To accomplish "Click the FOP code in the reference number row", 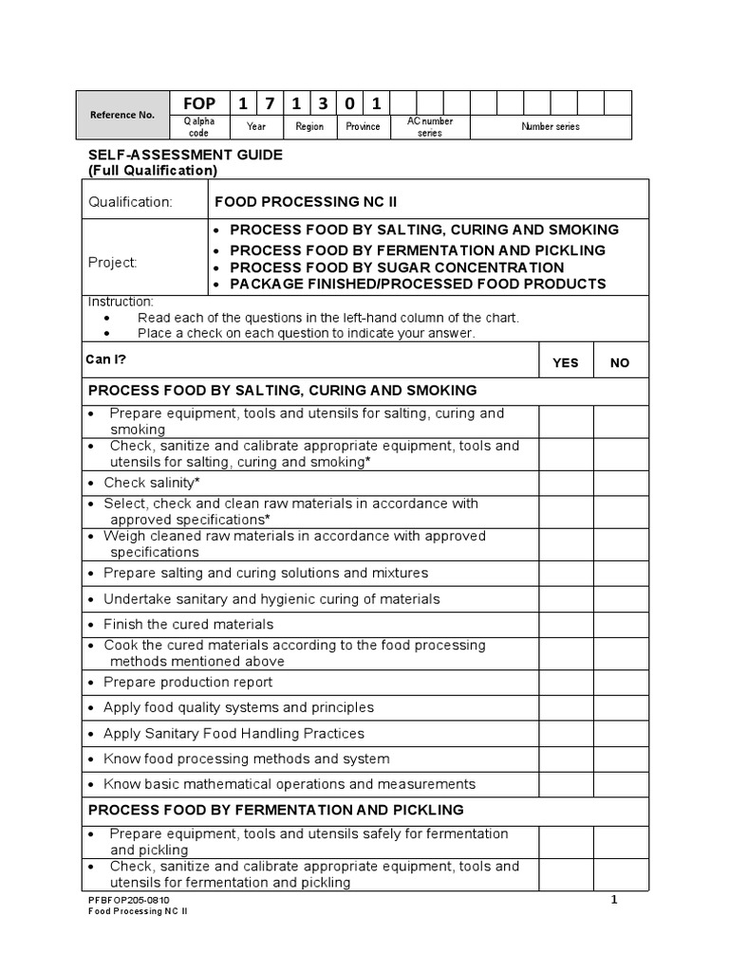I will [199, 103].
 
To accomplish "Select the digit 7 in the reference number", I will [270, 103].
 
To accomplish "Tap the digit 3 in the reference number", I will [323, 103].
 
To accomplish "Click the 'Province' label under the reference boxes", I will [363, 127].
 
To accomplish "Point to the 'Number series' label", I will [551, 127].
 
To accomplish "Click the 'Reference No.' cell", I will [121, 115].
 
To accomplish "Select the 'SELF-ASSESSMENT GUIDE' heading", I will [185, 155].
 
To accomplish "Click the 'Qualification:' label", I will [130, 202].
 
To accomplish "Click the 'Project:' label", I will [113, 263].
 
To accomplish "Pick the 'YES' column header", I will [566, 363].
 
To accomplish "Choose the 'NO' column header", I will [620, 363].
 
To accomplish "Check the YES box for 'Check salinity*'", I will [567, 483].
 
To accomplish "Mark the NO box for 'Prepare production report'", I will [621, 683].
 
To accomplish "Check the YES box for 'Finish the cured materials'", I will [567, 624].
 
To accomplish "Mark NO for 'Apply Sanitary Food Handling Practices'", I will [621, 734].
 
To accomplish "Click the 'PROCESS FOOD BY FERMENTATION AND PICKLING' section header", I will [276, 810].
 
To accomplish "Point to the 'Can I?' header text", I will [107, 359].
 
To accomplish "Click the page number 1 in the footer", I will [614, 900].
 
